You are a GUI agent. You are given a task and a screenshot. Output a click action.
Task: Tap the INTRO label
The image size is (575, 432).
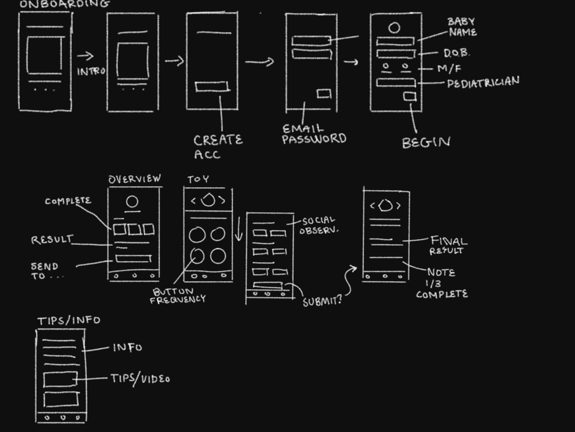click(x=91, y=71)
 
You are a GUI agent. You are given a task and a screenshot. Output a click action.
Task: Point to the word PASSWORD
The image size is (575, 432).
click(x=314, y=139)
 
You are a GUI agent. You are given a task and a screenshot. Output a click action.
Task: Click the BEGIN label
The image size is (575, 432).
click(x=426, y=143)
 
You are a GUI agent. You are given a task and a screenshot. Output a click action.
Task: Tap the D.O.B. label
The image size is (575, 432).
click(x=456, y=53)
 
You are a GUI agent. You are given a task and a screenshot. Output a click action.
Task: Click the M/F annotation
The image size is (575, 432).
click(x=449, y=69)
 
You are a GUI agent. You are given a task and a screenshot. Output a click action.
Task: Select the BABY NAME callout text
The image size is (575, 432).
click(x=462, y=27)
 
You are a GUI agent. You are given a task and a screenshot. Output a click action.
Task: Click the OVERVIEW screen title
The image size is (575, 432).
click(x=135, y=179)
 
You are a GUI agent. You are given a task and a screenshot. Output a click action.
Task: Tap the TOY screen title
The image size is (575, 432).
click(x=198, y=179)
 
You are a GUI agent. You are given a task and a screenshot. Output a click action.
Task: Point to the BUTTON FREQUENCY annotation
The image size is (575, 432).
click(x=178, y=295)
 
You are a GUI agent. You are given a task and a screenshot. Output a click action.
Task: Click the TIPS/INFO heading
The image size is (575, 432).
click(x=69, y=320)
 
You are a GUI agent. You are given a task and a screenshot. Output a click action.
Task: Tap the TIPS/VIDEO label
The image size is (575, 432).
click(x=140, y=379)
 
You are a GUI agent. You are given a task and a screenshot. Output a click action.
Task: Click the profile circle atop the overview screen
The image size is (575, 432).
click(x=132, y=202)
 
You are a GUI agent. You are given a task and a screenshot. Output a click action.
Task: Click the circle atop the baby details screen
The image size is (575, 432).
click(x=394, y=28)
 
